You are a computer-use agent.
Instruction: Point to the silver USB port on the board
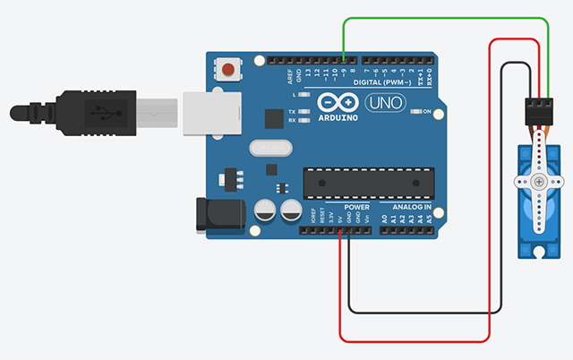pyautogui.click(x=213, y=112)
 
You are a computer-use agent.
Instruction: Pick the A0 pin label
pyautogui.click(x=385, y=218)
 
